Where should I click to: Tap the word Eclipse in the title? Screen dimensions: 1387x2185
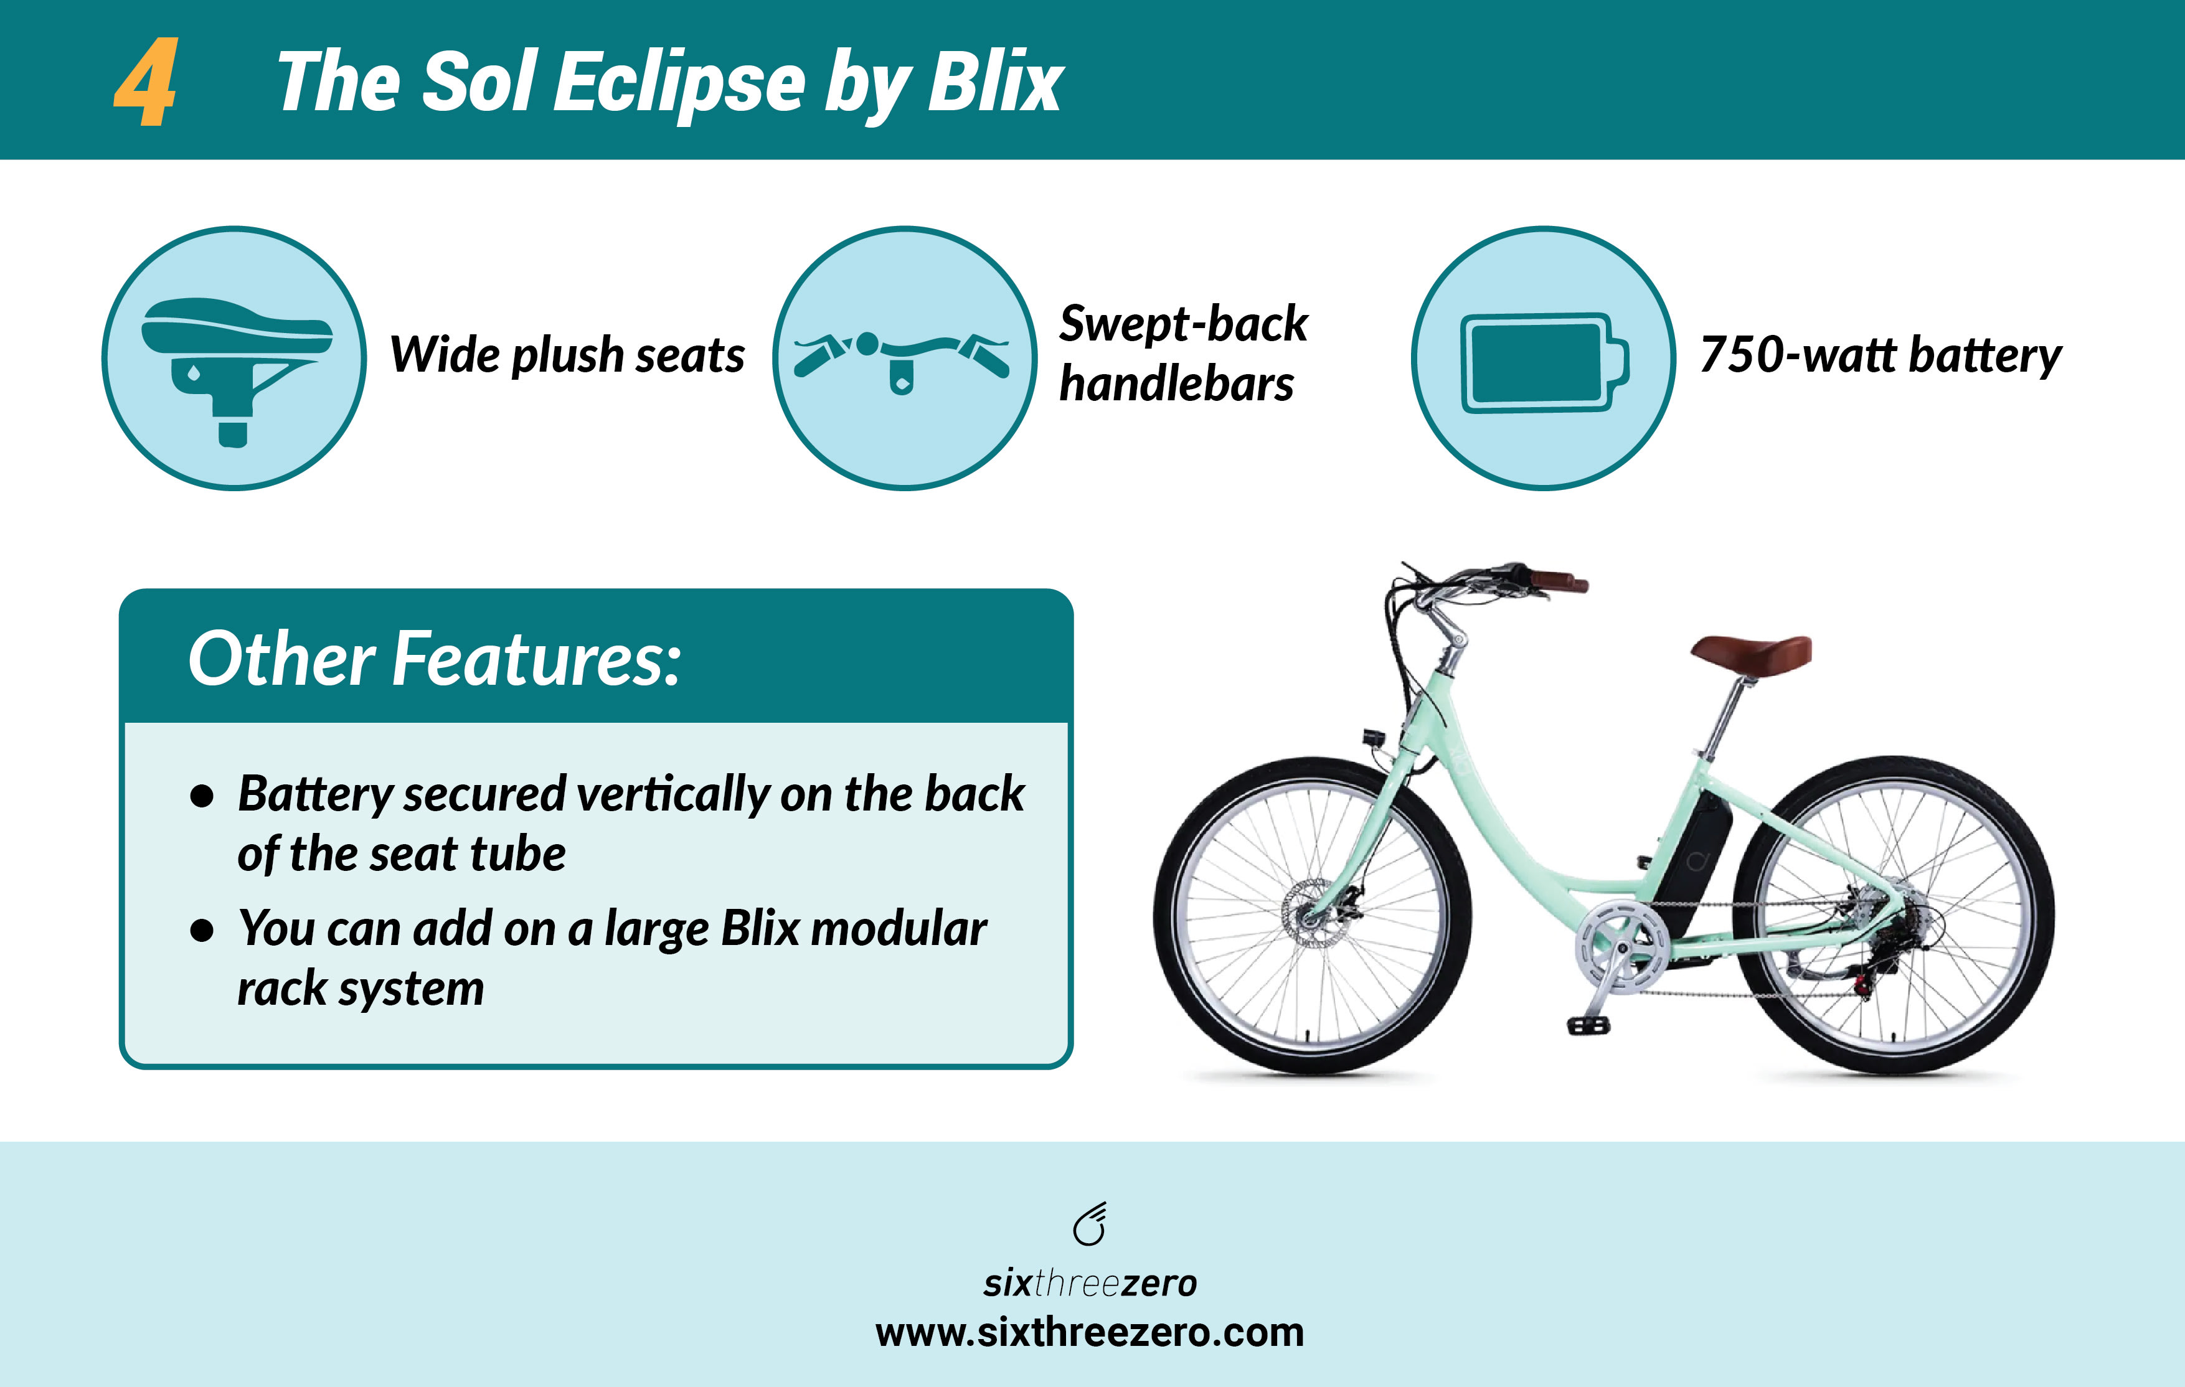[x=679, y=83]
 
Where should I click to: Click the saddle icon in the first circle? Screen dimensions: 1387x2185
[x=235, y=359]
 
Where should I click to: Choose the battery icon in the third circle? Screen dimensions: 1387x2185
[x=1542, y=362]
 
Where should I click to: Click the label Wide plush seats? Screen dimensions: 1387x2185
[x=567, y=355]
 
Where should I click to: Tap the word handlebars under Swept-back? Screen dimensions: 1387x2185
[x=1176, y=385]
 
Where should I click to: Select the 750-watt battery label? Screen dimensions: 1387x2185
[x=1880, y=355]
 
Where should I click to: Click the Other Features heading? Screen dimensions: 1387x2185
[x=434, y=659]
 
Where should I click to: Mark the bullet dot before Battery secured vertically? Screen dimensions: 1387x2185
[x=202, y=796]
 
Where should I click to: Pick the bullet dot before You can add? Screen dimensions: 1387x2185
[x=202, y=931]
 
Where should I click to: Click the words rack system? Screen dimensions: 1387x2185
[x=361, y=989]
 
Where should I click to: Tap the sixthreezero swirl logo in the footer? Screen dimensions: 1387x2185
[x=1090, y=1225]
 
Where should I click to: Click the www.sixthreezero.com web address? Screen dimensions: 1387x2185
[x=1090, y=1333]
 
